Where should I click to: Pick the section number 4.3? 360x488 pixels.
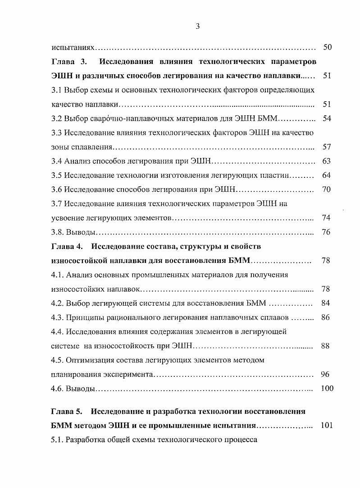click(57, 317)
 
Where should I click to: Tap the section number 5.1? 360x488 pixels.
click(57, 439)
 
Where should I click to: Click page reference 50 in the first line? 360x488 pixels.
click(328, 47)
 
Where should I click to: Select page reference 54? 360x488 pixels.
click(327, 118)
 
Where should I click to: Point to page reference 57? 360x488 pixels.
click(327, 147)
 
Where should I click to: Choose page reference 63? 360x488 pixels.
click(327, 161)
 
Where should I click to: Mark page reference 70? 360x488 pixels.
click(327, 190)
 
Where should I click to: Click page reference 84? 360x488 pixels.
click(326, 303)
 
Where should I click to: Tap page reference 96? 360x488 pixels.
click(325, 374)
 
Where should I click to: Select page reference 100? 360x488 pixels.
click(327, 389)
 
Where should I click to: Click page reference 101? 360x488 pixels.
click(326, 425)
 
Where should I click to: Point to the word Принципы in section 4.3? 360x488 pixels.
click(85, 317)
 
